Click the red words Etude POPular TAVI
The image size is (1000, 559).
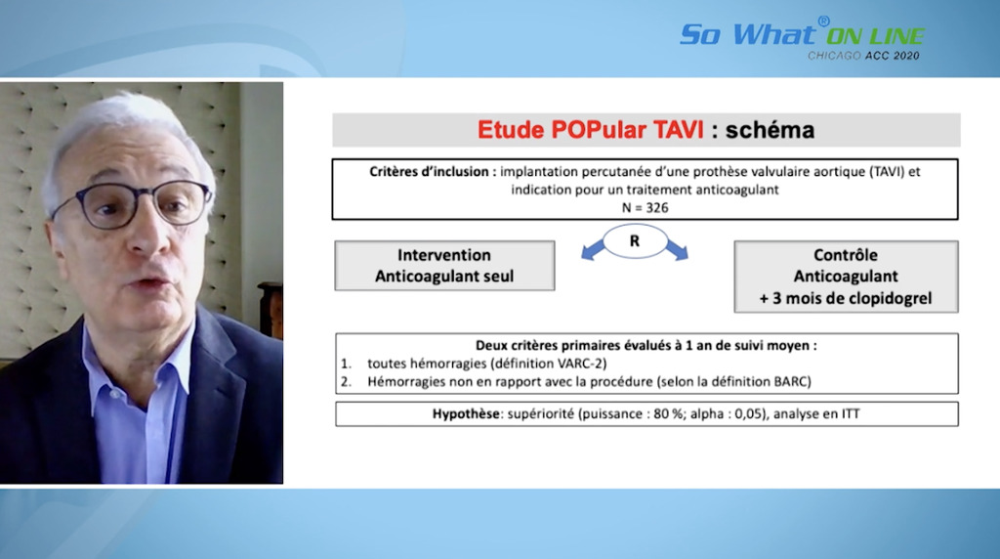point(590,130)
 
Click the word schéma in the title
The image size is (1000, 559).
point(770,130)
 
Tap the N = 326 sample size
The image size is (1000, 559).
point(645,208)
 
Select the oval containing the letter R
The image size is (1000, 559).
point(635,241)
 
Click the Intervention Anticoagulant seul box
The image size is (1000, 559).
point(444,266)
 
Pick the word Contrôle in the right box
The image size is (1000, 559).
point(846,255)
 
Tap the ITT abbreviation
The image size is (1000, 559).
point(851,414)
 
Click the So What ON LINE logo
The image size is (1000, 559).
point(802,33)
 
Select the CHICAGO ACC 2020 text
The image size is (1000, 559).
point(863,56)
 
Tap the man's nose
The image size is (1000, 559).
point(151,239)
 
